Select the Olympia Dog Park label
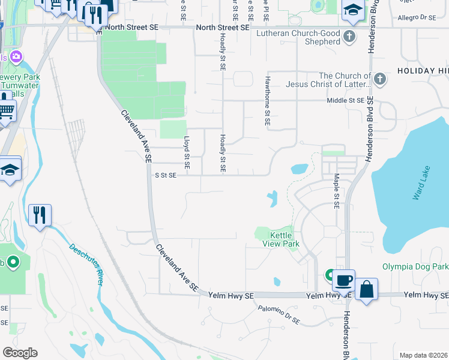click(415, 266)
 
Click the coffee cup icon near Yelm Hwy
click(345, 280)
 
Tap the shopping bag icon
click(366, 289)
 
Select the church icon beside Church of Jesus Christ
click(379, 80)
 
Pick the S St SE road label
click(166, 175)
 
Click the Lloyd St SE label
click(186, 152)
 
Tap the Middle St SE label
click(345, 101)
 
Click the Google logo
click(20, 353)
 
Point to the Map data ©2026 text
click(423, 355)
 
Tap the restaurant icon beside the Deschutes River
click(40, 215)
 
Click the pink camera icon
click(16, 58)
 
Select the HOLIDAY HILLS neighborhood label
click(423, 71)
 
